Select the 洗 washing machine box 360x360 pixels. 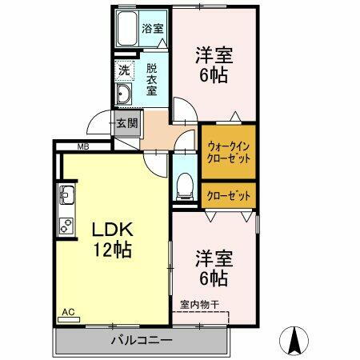click(x=123, y=70)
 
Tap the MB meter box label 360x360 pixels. click(x=82, y=146)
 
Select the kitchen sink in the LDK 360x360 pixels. click(x=66, y=195)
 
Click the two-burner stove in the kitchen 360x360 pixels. click(x=66, y=225)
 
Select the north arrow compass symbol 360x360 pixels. click(x=295, y=341)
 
